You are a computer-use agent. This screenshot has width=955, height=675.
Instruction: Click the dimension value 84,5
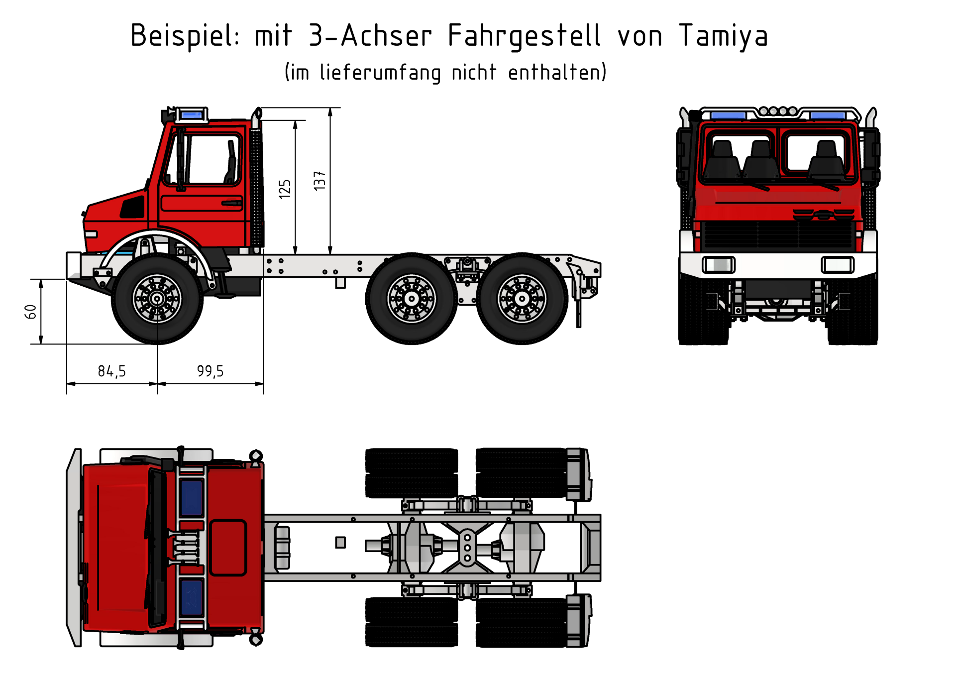[111, 371]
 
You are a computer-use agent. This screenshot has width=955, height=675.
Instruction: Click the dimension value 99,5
[210, 371]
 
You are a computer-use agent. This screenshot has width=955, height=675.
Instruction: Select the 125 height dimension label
[285, 189]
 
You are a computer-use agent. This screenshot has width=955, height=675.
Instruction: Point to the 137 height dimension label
[319, 180]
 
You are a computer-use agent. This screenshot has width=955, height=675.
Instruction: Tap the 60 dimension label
[30, 312]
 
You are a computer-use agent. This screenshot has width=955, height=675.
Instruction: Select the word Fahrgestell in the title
[524, 36]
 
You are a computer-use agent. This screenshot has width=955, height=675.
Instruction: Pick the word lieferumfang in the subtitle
[380, 73]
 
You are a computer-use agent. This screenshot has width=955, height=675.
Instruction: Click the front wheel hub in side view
[157, 299]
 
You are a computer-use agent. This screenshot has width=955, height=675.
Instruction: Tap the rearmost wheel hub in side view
[522, 299]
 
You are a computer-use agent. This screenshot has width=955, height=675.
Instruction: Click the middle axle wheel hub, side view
[412, 299]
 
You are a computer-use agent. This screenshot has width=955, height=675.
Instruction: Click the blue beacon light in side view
[191, 115]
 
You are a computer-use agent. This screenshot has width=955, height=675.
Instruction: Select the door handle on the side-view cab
[232, 203]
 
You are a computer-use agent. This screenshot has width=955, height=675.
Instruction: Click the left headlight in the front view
[718, 264]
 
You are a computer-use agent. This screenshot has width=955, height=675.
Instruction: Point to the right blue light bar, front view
[828, 115]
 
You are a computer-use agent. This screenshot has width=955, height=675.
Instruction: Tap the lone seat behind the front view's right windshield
[826, 158]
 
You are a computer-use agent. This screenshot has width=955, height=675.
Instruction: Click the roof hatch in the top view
[228, 548]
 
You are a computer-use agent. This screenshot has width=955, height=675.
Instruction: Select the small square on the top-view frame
[340, 542]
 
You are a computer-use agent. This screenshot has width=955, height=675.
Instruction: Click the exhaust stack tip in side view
[257, 114]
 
